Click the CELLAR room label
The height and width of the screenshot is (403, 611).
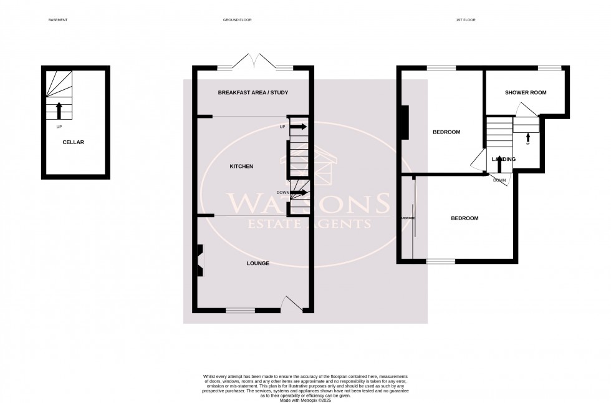click(73, 142)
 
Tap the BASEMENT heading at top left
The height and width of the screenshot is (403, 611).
click(57, 20)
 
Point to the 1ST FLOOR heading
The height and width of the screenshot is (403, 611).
click(465, 20)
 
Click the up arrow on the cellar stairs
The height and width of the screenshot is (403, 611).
click(59, 110)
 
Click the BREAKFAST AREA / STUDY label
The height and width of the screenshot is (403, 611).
click(253, 93)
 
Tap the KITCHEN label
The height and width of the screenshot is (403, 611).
click(241, 167)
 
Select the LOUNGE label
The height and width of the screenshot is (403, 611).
click(257, 263)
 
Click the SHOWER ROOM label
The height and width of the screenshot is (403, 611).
click(525, 92)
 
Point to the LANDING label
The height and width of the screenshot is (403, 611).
click(503, 160)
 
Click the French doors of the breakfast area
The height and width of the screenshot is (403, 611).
click(255, 62)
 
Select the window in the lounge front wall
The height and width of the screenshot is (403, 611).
click(240, 309)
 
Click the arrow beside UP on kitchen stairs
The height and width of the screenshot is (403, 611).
click(298, 127)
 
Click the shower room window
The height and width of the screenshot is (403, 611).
click(549, 68)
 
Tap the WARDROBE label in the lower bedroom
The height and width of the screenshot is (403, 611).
click(408, 218)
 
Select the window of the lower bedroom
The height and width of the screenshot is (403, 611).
click(441, 261)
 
